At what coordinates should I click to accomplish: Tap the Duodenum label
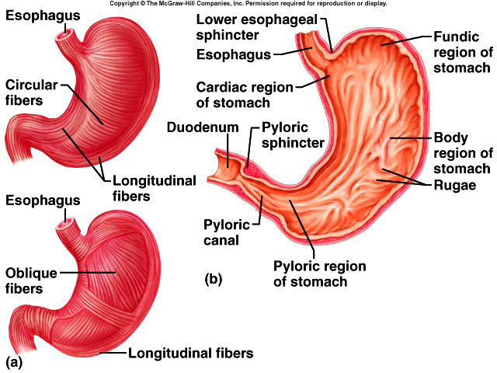click(x=199, y=127)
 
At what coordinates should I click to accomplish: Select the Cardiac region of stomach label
click(x=243, y=95)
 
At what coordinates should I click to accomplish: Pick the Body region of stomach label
click(x=462, y=152)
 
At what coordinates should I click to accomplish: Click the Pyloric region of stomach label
click(x=319, y=274)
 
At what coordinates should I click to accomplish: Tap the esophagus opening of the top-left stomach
click(x=68, y=35)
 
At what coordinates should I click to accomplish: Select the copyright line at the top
click(x=248, y=4)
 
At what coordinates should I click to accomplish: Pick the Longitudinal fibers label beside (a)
click(x=190, y=353)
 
